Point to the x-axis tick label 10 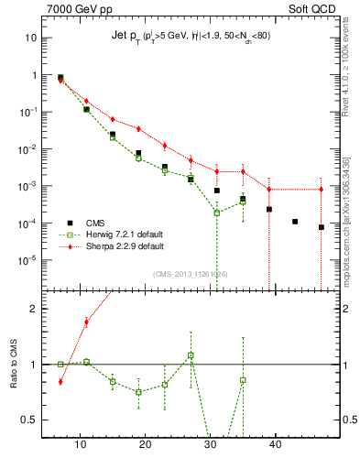(81, 445)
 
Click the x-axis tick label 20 (145, 445)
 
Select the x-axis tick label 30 (210, 445)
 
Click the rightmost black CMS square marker (321, 227)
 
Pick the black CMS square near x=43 (295, 222)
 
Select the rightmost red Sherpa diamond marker (321, 190)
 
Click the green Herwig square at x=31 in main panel (217, 213)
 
